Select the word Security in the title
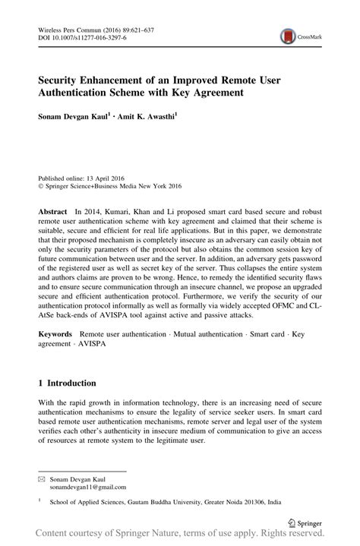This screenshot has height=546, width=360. point(63,78)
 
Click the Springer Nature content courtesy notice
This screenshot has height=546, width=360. point(180,537)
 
